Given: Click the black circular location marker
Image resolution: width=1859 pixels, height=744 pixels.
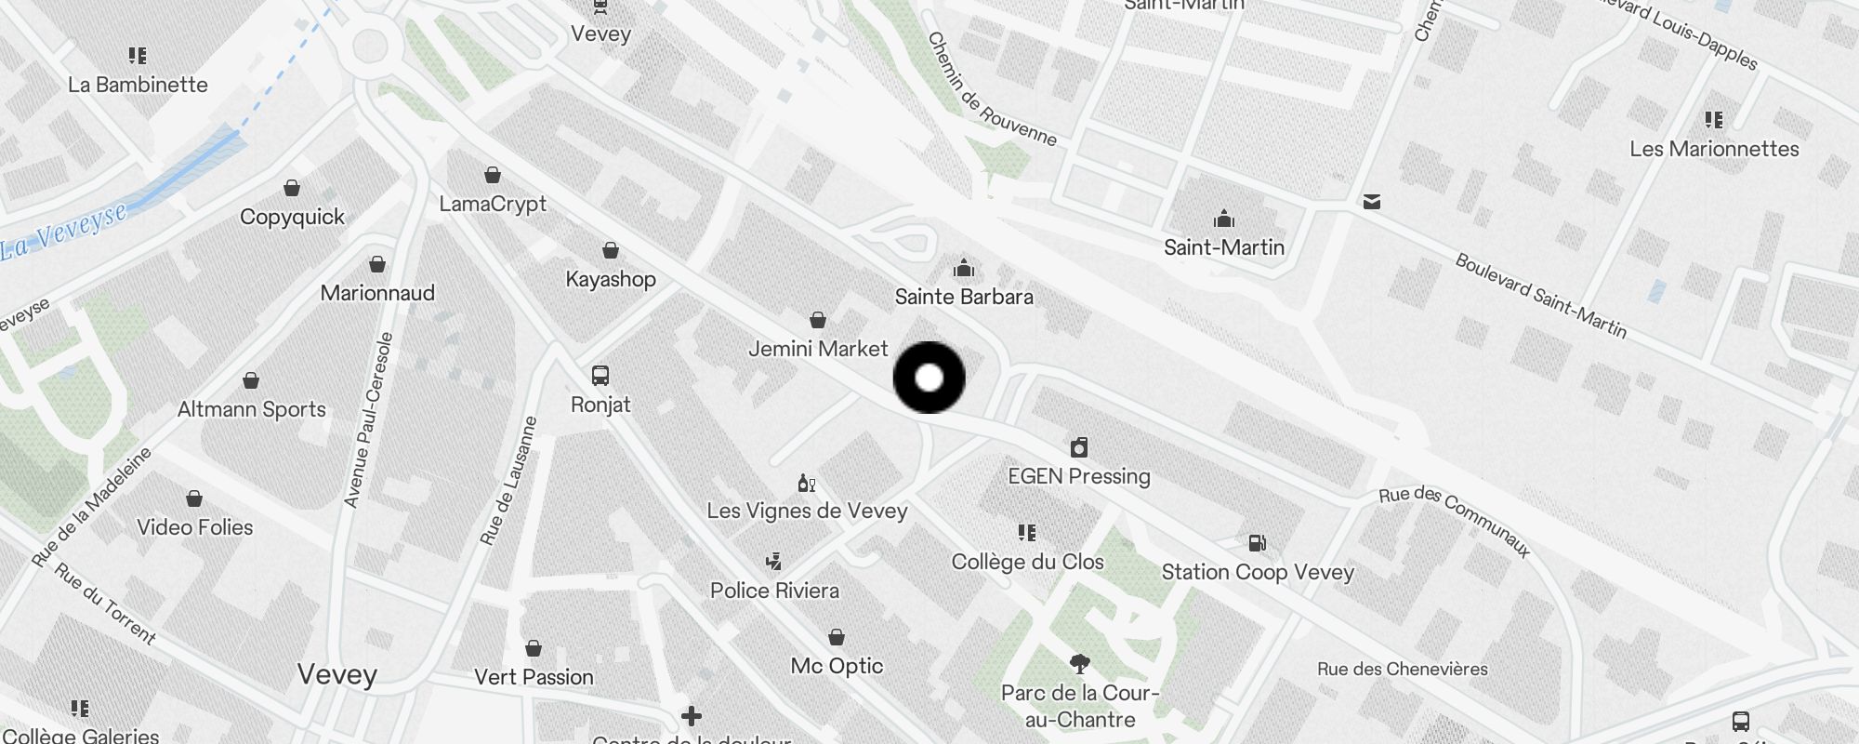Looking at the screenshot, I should point(929,378).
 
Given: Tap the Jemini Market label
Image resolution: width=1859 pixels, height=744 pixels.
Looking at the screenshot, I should point(818,349).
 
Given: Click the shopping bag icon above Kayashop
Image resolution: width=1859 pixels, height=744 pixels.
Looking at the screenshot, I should point(611,250).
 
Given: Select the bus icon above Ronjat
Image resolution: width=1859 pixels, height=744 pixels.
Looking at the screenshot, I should point(600,376).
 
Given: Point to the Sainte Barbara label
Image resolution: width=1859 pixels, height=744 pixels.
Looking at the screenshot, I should point(964,297).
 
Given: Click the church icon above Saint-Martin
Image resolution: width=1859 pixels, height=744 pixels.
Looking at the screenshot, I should point(1224,219).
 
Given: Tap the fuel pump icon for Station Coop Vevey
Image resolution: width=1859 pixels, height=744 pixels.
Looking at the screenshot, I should point(1257,542).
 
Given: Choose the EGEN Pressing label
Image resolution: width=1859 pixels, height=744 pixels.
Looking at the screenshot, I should point(1079,476).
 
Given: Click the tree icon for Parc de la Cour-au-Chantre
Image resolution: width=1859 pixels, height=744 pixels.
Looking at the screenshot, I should point(1079,663).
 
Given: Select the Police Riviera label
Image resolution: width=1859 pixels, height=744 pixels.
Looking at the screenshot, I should point(774,591).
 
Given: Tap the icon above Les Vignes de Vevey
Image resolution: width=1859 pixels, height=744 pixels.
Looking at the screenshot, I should point(807,483).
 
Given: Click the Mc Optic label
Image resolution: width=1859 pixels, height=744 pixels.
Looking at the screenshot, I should point(837,666).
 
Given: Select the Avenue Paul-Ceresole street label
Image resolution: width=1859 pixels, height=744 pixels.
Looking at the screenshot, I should point(369,420).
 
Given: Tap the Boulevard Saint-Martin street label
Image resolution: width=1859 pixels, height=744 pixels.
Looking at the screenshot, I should point(1540,296).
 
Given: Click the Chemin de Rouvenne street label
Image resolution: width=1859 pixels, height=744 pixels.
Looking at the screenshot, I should point(992,89).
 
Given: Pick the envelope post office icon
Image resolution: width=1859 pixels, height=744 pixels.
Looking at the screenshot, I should point(1372,202).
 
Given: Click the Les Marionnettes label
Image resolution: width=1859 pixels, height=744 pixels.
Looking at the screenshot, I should point(1714,149).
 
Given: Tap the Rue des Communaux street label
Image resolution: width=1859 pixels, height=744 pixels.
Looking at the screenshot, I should point(1455,520).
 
